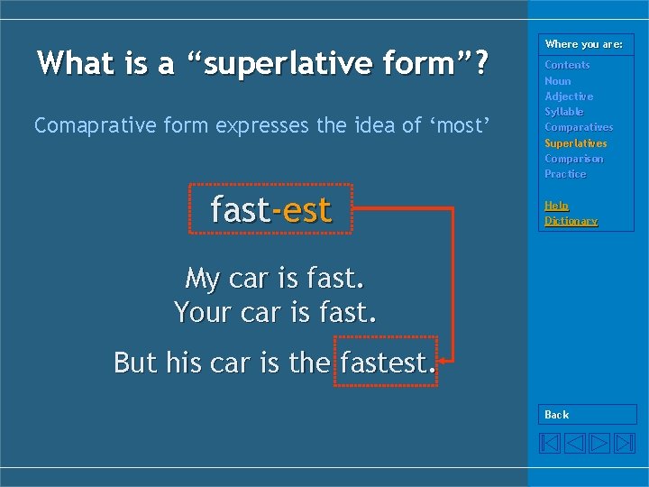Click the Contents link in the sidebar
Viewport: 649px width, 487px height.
coord(567,65)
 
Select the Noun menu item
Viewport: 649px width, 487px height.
coord(557,81)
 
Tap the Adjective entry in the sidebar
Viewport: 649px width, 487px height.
coord(569,96)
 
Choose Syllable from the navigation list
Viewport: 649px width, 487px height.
coord(563,112)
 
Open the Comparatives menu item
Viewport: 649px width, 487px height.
coord(578,127)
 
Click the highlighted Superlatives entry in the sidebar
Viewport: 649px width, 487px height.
coord(575,143)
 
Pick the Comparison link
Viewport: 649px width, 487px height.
coord(573,159)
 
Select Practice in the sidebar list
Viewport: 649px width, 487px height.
coord(565,174)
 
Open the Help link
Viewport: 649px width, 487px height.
coord(556,206)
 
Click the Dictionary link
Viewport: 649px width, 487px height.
coord(571,221)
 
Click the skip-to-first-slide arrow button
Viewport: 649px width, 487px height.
coord(550,443)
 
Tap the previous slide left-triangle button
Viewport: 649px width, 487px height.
coord(575,443)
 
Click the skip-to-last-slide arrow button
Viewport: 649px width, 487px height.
coord(625,443)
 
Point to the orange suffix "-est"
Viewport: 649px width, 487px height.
coord(302,210)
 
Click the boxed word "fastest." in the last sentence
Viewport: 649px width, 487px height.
coord(386,363)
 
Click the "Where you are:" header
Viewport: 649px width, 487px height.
coord(583,44)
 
